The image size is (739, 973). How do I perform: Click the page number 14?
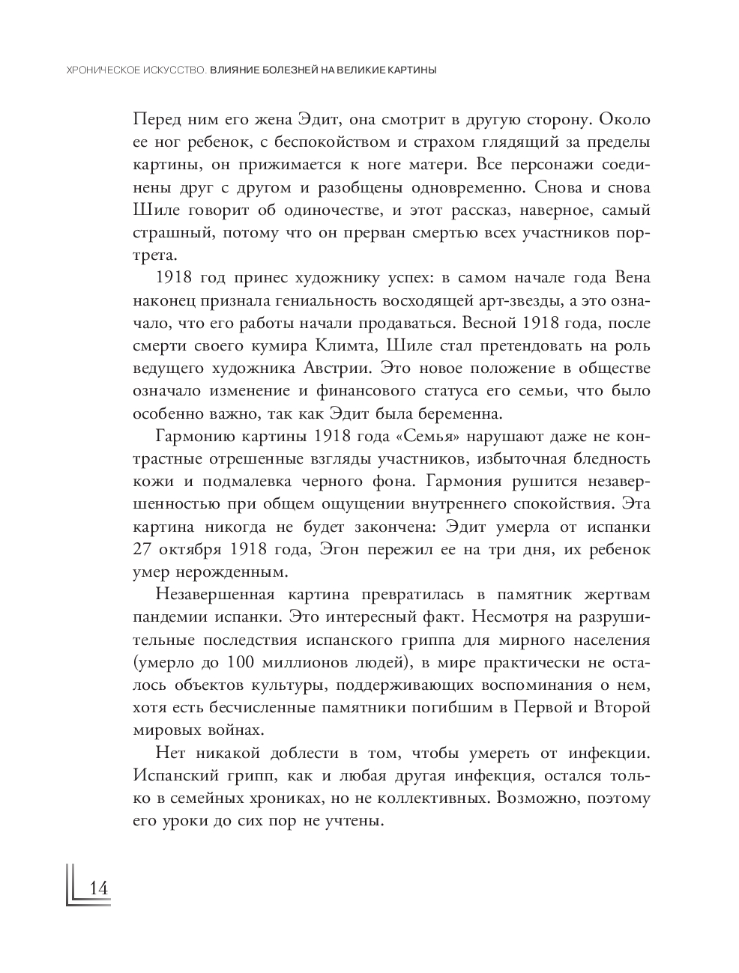(x=99, y=888)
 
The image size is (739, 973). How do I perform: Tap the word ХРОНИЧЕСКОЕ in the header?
(x=96, y=70)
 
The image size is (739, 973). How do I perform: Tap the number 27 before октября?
(x=142, y=549)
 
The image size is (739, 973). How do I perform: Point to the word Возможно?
(x=534, y=798)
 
